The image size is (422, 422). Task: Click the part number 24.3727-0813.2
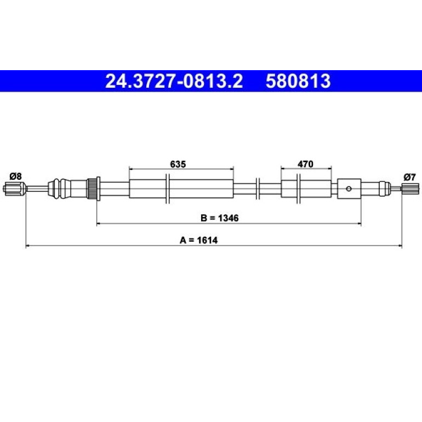(174, 81)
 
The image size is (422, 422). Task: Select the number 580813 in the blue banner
(298, 81)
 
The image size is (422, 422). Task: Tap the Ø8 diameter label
(15, 176)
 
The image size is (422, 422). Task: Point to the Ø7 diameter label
(409, 177)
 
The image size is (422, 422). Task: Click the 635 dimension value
(178, 164)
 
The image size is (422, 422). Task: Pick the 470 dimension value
(305, 164)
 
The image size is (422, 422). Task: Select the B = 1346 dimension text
(219, 218)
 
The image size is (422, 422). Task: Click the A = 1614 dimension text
(198, 240)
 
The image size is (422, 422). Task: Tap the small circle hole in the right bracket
(349, 189)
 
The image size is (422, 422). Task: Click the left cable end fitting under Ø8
(15, 188)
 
